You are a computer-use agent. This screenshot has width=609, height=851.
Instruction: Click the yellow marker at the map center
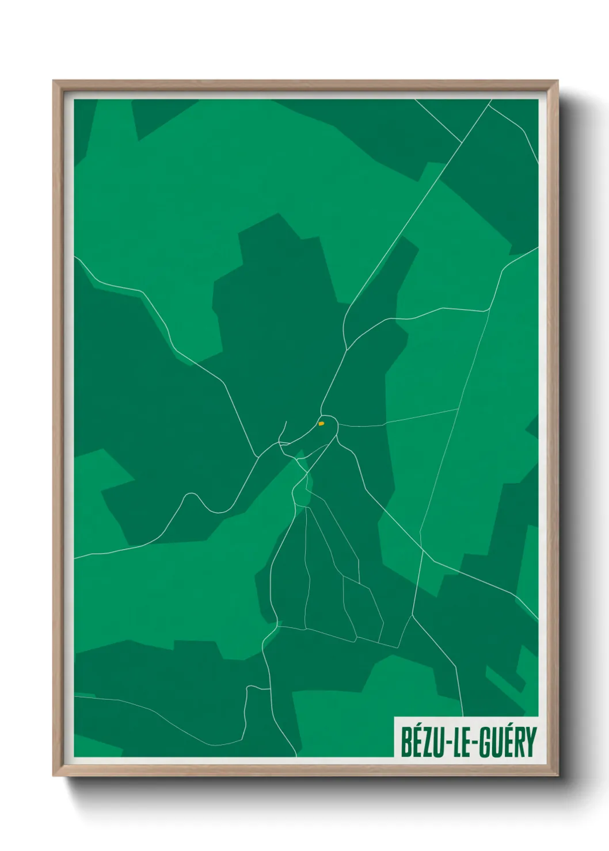(x=321, y=424)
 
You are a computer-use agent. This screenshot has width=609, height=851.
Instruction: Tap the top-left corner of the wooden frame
(x=54, y=81)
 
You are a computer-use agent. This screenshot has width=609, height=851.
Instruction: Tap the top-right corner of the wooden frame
(x=558, y=81)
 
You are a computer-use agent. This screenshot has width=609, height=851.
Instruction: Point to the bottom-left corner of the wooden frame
(x=54, y=776)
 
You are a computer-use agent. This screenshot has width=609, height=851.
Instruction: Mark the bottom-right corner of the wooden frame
(x=558, y=776)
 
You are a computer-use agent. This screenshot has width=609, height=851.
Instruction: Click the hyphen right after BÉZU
(x=448, y=743)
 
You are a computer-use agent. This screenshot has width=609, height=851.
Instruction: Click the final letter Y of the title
(x=530, y=742)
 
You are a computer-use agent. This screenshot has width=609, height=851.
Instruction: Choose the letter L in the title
(x=457, y=742)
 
